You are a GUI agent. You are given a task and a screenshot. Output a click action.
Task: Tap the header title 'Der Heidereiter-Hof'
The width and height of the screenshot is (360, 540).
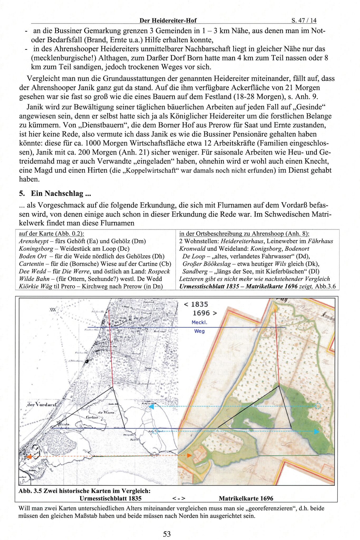168,20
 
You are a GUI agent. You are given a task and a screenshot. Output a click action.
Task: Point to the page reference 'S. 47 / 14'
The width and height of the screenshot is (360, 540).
304,20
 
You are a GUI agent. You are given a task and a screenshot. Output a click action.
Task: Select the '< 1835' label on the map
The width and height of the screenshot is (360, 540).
196,304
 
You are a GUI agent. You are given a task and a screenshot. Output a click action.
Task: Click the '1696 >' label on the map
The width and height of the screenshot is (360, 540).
205,313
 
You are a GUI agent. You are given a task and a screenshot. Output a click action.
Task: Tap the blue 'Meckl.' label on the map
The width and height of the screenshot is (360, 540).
199,322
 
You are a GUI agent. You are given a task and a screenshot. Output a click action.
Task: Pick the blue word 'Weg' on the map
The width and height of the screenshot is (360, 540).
199,331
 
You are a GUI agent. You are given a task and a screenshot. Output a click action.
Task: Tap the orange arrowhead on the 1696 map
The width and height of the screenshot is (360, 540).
189,456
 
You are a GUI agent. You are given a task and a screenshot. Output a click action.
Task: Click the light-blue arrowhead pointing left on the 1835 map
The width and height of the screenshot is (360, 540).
151,407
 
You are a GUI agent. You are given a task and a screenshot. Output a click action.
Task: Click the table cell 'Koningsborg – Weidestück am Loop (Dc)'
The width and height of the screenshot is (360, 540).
74,249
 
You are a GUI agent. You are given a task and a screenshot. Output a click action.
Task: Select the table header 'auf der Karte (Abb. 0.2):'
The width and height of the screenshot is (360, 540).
51,233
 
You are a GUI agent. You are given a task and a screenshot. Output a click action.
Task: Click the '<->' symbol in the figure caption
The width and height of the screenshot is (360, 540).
179,498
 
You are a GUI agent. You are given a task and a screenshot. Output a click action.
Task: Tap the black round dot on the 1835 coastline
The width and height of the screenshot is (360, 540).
86,362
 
